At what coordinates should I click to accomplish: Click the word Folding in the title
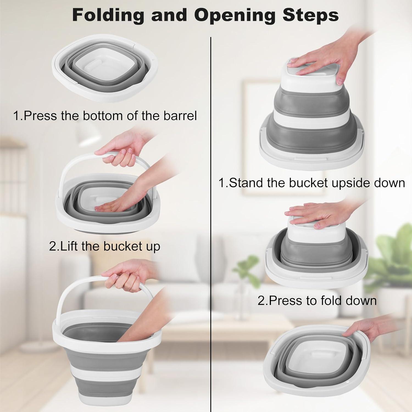pos(108,15)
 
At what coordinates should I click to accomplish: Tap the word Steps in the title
pos(311,15)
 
